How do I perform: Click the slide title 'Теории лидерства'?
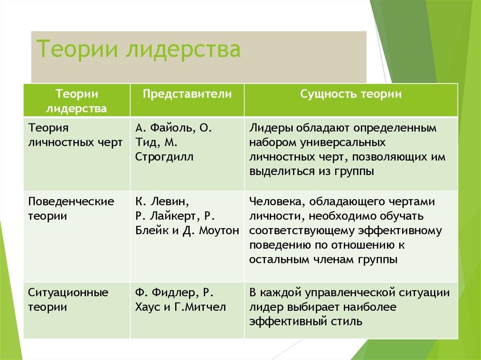click(139, 50)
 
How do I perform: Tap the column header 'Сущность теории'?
click(350, 94)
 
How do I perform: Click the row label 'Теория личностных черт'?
click(76, 134)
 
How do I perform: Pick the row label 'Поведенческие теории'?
click(71, 209)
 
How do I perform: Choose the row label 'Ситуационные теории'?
click(68, 300)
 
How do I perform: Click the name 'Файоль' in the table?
click(168, 128)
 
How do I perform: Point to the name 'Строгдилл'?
click(163, 157)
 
